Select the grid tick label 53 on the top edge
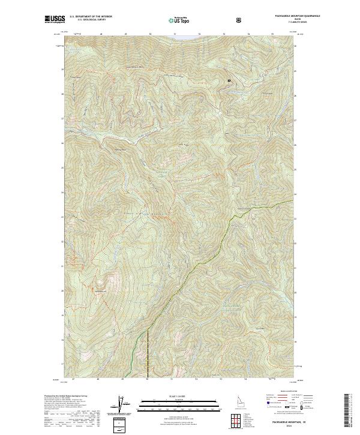coord(224,34)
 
